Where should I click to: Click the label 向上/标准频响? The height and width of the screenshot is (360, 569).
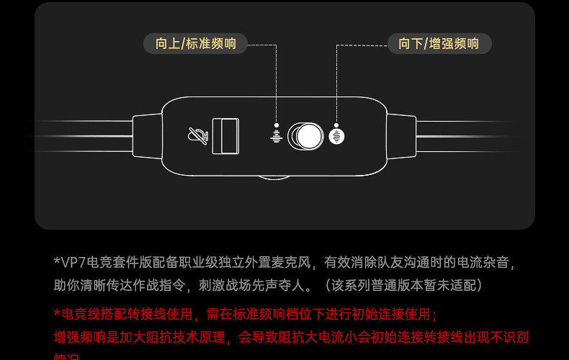pyautogui.click(x=195, y=43)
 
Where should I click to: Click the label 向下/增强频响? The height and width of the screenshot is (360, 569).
pyautogui.click(x=439, y=43)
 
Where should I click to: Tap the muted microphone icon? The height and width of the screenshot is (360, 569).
pyautogui.click(x=196, y=135)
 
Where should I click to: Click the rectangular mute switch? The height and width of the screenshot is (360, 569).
pyautogui.click(x=225, y=135)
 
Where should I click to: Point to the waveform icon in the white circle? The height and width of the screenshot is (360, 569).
pyautogui.click(x=337, y=135)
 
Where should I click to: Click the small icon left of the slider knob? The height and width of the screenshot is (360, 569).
pyautogui.click(x=275, y=135)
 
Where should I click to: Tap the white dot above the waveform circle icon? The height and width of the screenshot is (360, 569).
pyautogui.click(x=337, y=124)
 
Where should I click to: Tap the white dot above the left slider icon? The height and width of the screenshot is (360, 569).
pyautogui.click(x=275, y=124)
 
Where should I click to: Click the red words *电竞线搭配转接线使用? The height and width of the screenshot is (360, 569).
pyautogui.click(x=124, y=314)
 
